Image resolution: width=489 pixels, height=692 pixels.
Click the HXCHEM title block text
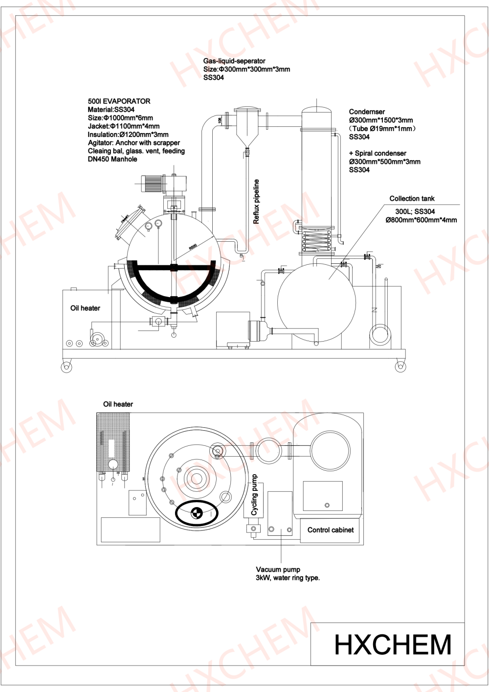393,644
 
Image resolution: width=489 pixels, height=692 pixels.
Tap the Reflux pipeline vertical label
256,202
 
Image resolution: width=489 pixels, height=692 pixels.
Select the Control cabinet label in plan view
331,530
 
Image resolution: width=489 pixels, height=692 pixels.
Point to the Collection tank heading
412,198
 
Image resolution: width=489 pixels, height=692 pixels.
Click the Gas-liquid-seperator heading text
234,61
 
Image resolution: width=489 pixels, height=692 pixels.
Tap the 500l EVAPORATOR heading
119,101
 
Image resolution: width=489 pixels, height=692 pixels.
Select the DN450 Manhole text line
112,159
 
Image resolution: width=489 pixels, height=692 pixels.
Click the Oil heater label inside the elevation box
85,308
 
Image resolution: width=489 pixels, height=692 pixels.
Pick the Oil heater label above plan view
118,404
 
